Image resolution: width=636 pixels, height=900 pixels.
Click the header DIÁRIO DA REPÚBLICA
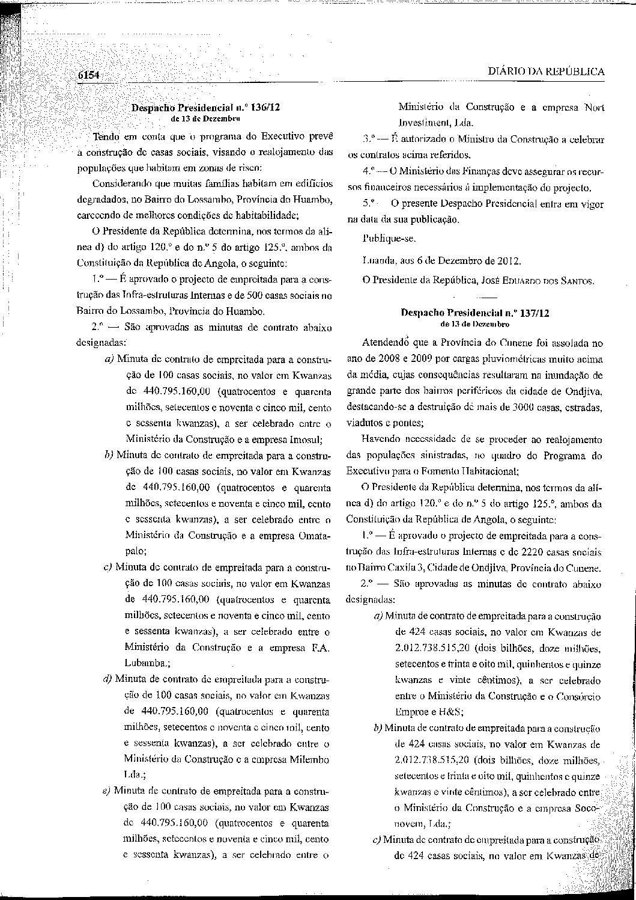point(546,72)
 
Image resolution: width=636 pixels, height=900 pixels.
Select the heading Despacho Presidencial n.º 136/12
point(205,108)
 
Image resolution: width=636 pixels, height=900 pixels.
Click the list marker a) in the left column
point(110,359)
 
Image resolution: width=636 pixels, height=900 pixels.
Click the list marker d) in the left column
point(108,679)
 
